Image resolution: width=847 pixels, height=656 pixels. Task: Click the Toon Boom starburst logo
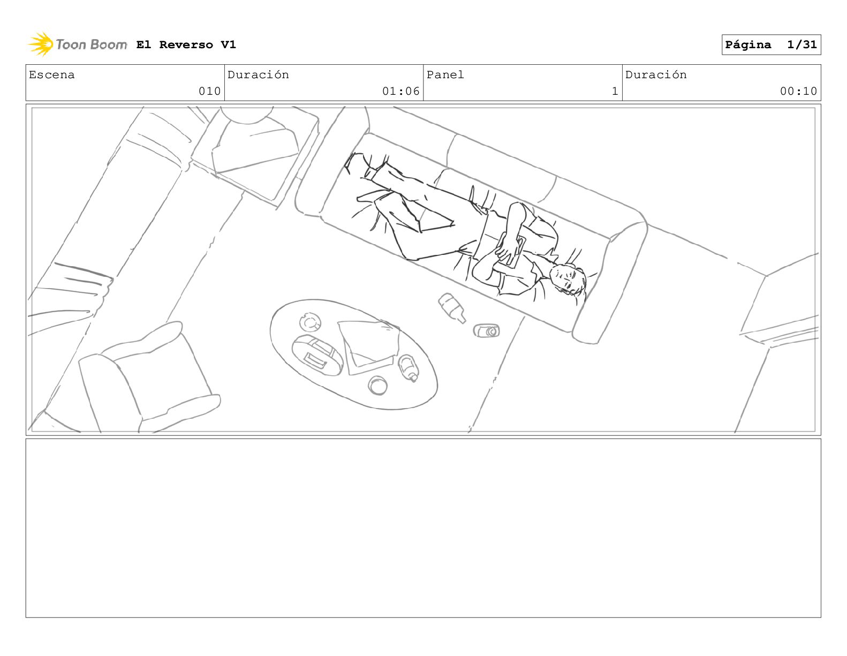(41, 44)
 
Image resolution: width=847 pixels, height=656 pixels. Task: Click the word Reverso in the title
(186, 45)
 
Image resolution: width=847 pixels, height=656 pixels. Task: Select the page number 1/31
(802, 44)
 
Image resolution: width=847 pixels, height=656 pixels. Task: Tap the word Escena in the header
(51, 74)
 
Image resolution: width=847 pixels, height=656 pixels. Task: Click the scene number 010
(210, 91)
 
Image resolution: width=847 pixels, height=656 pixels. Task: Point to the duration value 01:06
(400, 91)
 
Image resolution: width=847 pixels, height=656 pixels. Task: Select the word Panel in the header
(445, 74)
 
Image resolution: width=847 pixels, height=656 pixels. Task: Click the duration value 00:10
(798, 91)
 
